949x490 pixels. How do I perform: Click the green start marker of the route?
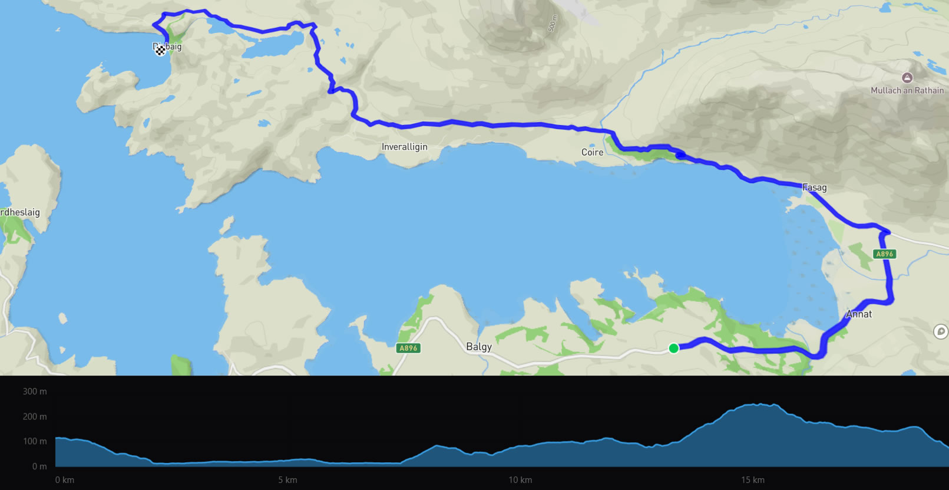[x=673, y=348]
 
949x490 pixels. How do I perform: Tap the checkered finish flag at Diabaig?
[x=160, y=51]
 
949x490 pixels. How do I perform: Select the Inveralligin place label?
[x=404, y=147]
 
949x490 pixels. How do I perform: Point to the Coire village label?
[x=592, y=152]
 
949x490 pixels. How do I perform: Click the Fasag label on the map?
[x=815, y=188]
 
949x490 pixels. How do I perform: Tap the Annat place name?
[x=859, y=314]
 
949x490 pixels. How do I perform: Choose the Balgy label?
[x=478, y=347]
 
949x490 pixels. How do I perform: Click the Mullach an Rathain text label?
[x=907, y=90]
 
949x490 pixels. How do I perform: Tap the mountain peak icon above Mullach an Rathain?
[x=907, y=78]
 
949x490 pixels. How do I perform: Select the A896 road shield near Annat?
[x=884, y=254]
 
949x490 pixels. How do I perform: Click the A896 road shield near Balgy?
[x=408, y=348]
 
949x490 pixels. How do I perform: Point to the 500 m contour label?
[x=552, y=24]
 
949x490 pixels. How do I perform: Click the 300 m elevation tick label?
[x=35, y=392]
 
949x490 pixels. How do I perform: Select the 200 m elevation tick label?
[x=35, y=417]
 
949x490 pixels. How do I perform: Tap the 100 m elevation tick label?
[x=35, y=442]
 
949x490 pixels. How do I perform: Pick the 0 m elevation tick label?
[x=39, y=466]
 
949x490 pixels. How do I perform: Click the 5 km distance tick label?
[x=287, y=480]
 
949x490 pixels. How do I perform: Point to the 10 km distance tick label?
[x=520, y=480]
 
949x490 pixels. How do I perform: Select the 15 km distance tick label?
[x=753, y=480]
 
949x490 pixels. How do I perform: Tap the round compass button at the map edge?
[x=941, y=331]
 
